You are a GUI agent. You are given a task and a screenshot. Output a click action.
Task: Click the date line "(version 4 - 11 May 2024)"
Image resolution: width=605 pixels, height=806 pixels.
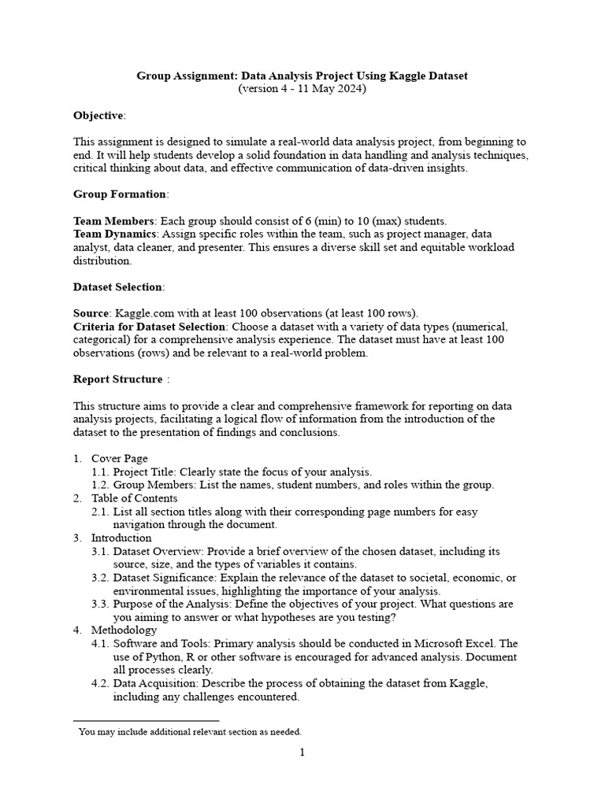302,89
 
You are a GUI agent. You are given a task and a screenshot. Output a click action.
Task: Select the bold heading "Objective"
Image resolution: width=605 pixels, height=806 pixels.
98,116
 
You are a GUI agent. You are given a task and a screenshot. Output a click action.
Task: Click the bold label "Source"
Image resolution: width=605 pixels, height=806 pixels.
91,312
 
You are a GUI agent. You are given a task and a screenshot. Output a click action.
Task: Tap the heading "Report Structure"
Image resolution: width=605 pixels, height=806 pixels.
117,379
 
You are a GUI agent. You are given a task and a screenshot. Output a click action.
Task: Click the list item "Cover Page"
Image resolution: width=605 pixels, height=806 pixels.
119,458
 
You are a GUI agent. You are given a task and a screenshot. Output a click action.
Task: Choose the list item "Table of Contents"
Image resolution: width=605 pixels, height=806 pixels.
134,498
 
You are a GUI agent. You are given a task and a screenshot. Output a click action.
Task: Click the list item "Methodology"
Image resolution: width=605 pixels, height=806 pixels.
124,630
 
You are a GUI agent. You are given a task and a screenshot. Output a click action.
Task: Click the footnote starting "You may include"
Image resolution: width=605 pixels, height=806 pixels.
189,731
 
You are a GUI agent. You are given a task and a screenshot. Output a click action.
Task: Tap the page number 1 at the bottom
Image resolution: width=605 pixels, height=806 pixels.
302,752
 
